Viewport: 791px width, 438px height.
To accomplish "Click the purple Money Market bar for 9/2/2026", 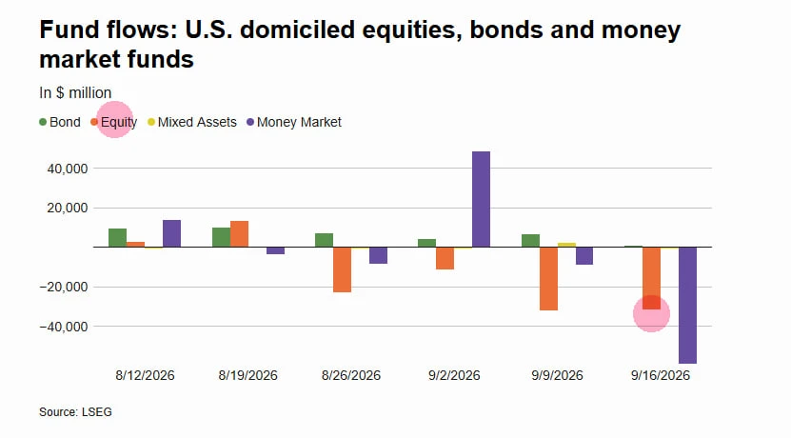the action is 481,199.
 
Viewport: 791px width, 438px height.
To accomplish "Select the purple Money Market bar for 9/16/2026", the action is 687,306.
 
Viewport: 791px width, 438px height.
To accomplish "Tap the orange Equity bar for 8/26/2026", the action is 342,269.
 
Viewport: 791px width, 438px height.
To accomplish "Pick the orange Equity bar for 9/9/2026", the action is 549,279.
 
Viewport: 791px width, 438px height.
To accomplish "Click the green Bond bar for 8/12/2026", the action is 117,238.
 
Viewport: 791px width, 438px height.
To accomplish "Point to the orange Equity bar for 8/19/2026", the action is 239,234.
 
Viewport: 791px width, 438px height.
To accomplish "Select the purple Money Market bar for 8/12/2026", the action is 171,233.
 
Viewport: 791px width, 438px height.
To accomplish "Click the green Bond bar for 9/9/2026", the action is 531,241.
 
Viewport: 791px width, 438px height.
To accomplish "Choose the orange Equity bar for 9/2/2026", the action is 445,258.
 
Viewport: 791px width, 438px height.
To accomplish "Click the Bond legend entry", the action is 60,122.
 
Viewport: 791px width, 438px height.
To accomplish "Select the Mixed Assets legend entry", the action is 192,122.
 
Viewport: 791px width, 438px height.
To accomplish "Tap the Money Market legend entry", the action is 294,122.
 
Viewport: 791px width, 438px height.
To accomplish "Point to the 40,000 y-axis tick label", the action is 68,169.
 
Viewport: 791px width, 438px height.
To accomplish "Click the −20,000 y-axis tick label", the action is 64,287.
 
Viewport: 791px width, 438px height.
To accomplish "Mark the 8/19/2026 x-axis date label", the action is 247,375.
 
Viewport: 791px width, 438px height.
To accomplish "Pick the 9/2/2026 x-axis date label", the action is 454,375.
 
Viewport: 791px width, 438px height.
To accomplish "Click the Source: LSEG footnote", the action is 75,411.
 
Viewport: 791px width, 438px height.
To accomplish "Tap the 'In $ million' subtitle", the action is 75,93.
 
